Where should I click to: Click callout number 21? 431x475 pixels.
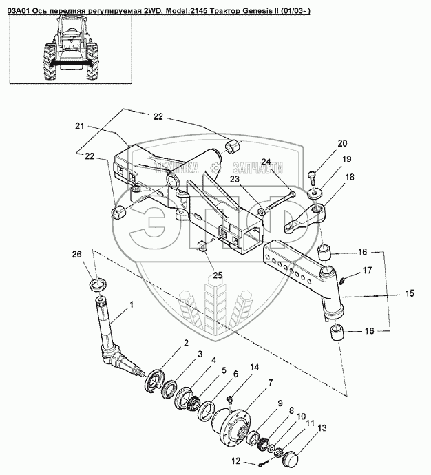[x=80, y=126]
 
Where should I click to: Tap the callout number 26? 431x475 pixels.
[x=77, y=254]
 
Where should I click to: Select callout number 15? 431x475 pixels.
[x=410, y=293]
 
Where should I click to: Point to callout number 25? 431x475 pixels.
[x=218, y=275]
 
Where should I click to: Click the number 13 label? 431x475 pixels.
[x=322, y=428]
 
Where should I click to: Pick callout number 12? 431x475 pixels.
[x=235, y=461]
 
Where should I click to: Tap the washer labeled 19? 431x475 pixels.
[x=315, y=193]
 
